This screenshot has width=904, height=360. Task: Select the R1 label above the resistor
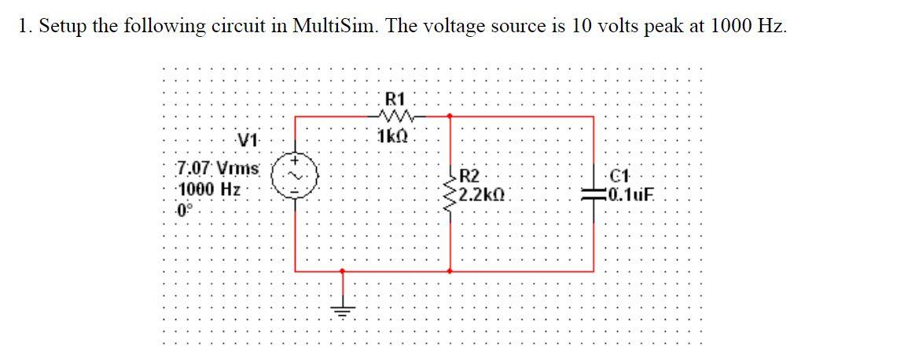(395, 99)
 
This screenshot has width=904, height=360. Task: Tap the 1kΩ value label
(391, 135)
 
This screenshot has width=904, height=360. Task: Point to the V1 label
(248, 141)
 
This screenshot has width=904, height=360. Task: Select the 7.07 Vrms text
(207, 167)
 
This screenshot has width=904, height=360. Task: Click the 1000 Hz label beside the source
(208, 189)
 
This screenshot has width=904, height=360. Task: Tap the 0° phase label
(185, 210)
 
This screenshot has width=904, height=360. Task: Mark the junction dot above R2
(450, 116)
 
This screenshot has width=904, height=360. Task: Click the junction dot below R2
(450, 270)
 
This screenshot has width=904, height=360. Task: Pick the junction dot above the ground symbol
(341, 270)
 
